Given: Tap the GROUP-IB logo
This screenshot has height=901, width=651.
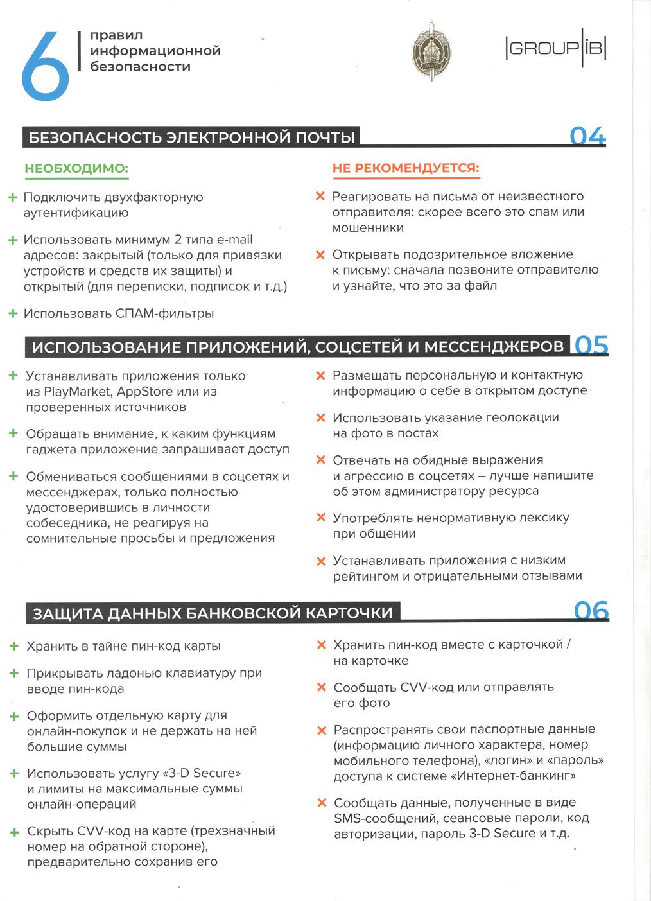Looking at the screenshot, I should click(x=556, y=49).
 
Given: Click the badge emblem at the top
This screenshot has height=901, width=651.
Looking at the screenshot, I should click(x=431, y=51).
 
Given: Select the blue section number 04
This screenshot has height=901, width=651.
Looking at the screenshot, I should click(x=587, y=136).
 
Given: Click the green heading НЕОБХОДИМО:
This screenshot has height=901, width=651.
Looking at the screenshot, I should click(x=76, y=169).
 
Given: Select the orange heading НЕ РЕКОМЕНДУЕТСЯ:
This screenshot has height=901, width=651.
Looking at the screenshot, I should click(x=406, y=168).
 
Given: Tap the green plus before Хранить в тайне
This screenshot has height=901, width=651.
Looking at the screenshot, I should click(x=13, y=646).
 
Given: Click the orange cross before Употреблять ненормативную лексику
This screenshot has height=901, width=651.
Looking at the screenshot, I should click(x=321, y=518).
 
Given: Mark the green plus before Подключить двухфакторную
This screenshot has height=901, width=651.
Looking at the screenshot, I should click(x=12, y=198).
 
